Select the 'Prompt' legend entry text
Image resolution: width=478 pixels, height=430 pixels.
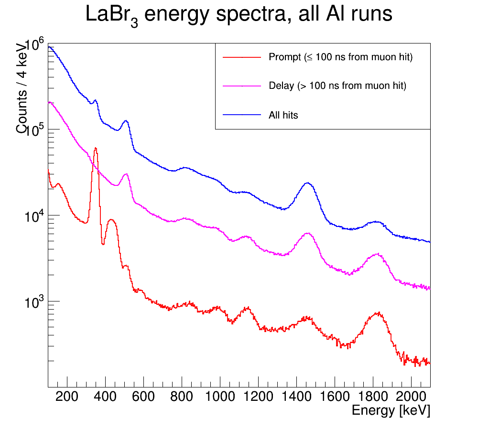[x=340, y=57]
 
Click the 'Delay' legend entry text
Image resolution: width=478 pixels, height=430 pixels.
[x=337, y=86]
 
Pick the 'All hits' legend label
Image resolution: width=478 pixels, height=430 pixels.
[x=283, y=115]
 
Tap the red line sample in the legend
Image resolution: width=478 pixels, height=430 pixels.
[x=242, y=57]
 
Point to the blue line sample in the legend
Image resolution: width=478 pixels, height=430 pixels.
[x=242, y=115]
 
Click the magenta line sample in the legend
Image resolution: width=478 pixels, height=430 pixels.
[x=242, y=86]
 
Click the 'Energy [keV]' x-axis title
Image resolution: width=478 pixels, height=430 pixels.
[x=391, y=410]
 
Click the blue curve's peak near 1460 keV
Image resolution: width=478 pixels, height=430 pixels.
[x=308, y=183]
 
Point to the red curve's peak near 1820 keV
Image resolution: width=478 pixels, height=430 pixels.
[x=378, y=313]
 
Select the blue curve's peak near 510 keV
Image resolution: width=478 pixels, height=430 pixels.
[x=126, y=121]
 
